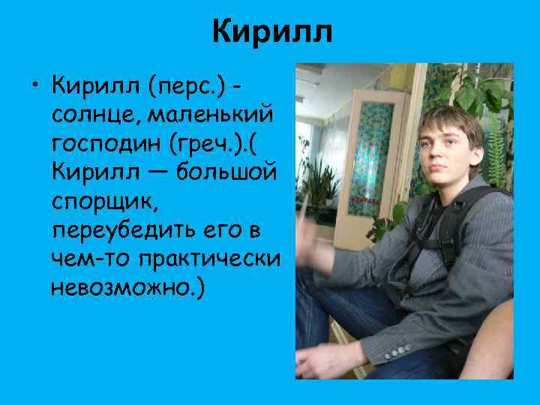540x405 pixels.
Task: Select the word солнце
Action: pyautogui.click(x=94, y=116)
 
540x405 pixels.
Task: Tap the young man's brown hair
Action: pyautogui.click(x=450, y=120)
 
